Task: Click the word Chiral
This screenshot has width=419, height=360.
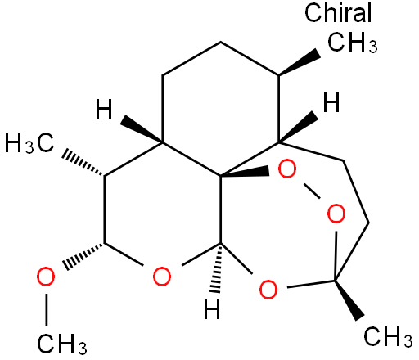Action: click(x=338, y=12)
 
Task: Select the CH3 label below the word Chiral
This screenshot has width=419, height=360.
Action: click(x=353, y=43)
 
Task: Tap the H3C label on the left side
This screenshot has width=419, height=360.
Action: click(x=29, y=143)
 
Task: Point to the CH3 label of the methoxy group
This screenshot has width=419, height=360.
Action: click(x=62, y=344)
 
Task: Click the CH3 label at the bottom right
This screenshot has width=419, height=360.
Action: click(x=388, y=336)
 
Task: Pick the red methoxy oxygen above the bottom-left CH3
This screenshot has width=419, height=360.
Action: click(x=46, y=277)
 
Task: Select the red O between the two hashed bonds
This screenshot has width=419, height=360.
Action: click(x=162, y=277)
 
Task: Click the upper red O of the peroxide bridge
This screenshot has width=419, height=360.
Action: click(x=287, y=169)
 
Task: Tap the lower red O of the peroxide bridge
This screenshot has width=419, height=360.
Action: click(x=336, y=214)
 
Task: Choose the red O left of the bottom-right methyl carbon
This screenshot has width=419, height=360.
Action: click(x=268, y=289)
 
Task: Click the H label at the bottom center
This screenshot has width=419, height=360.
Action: click(x=212, y=309)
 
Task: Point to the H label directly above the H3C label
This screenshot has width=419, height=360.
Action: click(x=104, y=109)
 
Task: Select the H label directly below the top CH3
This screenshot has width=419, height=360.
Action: click(x=331, y=102)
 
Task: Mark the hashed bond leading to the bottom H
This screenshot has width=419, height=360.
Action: click(x=217, y=268)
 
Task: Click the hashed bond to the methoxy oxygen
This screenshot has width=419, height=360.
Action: click(x=83, y=256)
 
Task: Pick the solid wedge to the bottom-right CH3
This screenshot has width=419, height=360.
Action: click(x=349, y=299)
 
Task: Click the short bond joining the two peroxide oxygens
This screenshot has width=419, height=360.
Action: click(x=312, y=191)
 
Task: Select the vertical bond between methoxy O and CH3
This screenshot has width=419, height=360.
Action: click(x=47, y=310)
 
